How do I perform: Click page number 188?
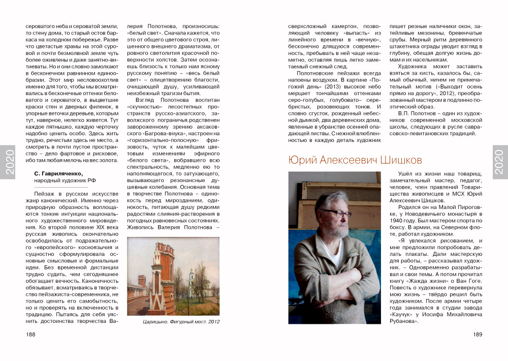point(30,334)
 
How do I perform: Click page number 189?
point(477,334)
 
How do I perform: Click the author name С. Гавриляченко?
point(62,173)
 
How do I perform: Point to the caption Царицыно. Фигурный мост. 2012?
point(176,321)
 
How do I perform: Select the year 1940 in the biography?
point(398,222)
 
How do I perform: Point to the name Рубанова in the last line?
point(404,321)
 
